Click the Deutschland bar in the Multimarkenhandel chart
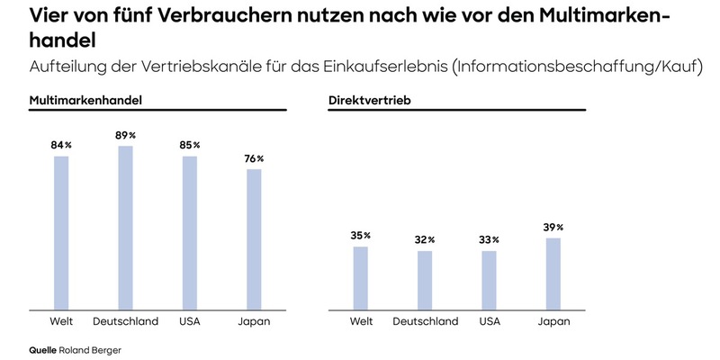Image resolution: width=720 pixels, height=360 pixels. (x=126, y=227)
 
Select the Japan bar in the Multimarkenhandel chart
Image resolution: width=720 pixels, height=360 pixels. (x=255, y=238)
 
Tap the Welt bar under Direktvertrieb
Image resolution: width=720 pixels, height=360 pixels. (x=361, y=277)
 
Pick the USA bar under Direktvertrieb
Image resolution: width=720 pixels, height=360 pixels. (x=489, y=279)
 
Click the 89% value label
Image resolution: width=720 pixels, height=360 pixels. (x=126, y=134)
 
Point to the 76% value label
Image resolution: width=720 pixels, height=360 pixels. (x=255, y=158)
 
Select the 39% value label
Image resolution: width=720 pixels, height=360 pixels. (x=553, y=228)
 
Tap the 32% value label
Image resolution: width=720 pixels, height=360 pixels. (x=425, y=240)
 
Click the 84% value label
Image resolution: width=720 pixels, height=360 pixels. (x=61, y=145)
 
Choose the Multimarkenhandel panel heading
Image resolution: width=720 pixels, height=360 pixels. (x=86, y=101)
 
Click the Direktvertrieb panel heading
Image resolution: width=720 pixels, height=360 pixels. (x=370, y=101)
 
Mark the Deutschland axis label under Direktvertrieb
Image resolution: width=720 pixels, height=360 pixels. (x=425, y=321)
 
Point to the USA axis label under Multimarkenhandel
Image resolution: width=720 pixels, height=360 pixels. (x=190, y=321)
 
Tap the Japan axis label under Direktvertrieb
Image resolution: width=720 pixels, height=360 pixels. (x=553, y=321)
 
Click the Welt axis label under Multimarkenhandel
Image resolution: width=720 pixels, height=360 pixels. (x=61, y=321)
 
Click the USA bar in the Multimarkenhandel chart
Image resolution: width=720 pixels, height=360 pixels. (x=190, y=232)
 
